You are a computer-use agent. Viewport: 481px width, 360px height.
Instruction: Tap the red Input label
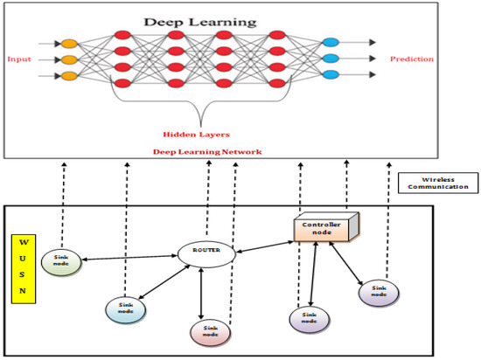tap(19, 59)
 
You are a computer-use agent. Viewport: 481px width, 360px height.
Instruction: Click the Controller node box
tap(321, 230)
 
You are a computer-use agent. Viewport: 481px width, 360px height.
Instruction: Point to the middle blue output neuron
tap(330, 60)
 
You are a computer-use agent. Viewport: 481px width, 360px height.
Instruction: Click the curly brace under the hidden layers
tap(204, 105)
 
